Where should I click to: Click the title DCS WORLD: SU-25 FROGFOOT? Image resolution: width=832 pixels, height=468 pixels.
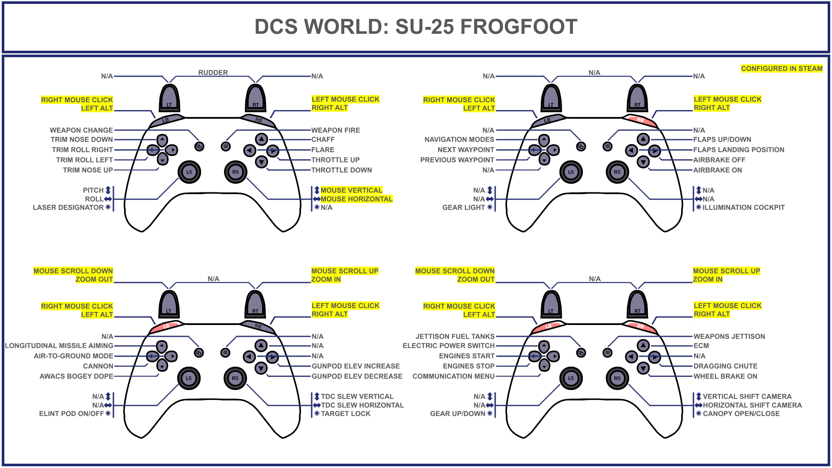416,27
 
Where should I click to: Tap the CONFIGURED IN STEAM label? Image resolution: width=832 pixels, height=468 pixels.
781,68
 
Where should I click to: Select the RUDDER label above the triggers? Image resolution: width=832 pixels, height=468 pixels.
213,73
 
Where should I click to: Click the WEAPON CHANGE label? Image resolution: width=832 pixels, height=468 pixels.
81,130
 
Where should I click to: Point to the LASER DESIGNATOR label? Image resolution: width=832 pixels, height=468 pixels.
68,208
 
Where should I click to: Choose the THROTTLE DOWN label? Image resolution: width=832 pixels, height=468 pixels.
341,170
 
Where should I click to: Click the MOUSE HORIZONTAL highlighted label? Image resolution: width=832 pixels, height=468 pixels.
356,199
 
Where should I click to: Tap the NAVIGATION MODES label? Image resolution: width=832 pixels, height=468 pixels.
459,140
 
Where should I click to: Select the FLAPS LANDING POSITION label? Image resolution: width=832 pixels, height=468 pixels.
738,150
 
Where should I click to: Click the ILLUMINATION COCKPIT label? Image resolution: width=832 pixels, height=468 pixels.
743,208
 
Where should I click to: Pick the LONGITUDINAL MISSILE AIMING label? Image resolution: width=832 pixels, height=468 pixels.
59,346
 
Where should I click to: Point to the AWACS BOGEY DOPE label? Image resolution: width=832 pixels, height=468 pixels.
76,377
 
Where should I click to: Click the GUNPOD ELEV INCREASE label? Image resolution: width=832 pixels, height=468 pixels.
355,366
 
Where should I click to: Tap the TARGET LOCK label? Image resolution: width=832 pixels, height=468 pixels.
345,414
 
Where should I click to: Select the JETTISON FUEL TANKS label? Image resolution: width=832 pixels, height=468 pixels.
455,336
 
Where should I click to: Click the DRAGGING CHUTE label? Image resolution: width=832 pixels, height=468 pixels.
725,366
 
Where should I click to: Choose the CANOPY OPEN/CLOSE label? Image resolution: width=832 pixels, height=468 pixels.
741,414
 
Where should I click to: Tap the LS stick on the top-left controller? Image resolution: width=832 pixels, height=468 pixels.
189,172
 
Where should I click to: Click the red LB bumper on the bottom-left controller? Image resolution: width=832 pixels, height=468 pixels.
166,326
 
